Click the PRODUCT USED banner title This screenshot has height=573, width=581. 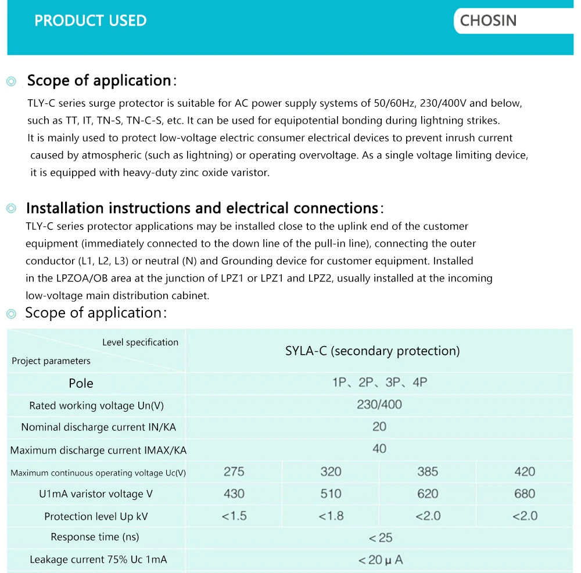point(91,21)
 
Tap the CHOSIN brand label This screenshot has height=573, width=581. point(488,21)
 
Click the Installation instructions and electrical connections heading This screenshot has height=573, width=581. point(202,208)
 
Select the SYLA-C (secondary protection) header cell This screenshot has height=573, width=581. point(372,351)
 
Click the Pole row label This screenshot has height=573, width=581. point(81,383)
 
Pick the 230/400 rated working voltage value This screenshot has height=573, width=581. point(379,405)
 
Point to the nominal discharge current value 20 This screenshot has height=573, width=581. point(379,427)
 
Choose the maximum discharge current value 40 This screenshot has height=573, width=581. point(379,449)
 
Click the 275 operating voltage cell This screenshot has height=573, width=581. point(234,471)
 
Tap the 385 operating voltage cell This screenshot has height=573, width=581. point(428,471)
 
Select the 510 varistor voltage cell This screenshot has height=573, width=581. point(331,493)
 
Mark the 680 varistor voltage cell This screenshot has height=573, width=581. point(525,493)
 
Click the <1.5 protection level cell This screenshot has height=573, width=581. point(234,516)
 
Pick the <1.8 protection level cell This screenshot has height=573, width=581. point(331,516)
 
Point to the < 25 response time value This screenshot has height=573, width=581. point(381,538)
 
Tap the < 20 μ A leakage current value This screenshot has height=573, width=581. point(381,560)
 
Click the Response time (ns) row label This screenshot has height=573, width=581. point(95,537)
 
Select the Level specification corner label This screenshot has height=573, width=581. point(140,343)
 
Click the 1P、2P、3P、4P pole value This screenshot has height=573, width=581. point(379,383)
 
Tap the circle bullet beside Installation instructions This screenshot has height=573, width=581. point(11,209)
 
